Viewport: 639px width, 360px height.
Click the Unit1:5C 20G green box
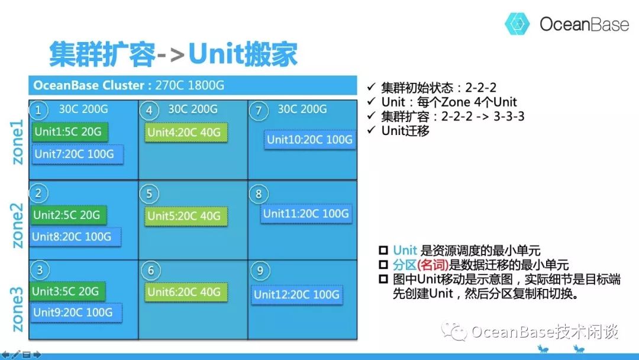click(x=70, y=131)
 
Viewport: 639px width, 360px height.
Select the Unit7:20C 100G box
click(x=77, y=155)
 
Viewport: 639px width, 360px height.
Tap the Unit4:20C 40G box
click(x=186, y=133)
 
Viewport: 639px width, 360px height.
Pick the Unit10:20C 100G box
click(x=309, y=140)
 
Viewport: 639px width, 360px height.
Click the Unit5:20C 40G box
click(x=186, y=216)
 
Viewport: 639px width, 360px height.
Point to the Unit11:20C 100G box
click(x=306, y=214)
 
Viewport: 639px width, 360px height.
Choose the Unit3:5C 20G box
click(x=67, y=291)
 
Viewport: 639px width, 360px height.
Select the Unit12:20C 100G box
click(x=296, y=294)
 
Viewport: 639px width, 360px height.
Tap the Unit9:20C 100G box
click(x=76, y=313)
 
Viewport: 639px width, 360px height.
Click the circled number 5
click(x=149, y=194)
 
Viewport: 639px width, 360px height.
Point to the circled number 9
click(x=260, y=271)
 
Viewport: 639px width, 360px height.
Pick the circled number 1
click(x=38, y=110)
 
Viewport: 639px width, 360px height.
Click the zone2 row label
click(x=17, y=226)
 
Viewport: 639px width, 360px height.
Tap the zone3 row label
click(x=17, y=310)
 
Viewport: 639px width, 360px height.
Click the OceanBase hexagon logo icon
click(x=517, y=24)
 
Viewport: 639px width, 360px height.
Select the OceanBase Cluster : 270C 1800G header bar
click(x=193, y=85)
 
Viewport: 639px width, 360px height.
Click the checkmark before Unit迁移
click(x=371, y=130)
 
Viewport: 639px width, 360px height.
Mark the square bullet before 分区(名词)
click(x=383, y=265)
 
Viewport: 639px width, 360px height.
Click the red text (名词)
click(x=433, y=265)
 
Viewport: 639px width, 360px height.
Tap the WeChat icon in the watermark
click(x=454, y=330)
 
